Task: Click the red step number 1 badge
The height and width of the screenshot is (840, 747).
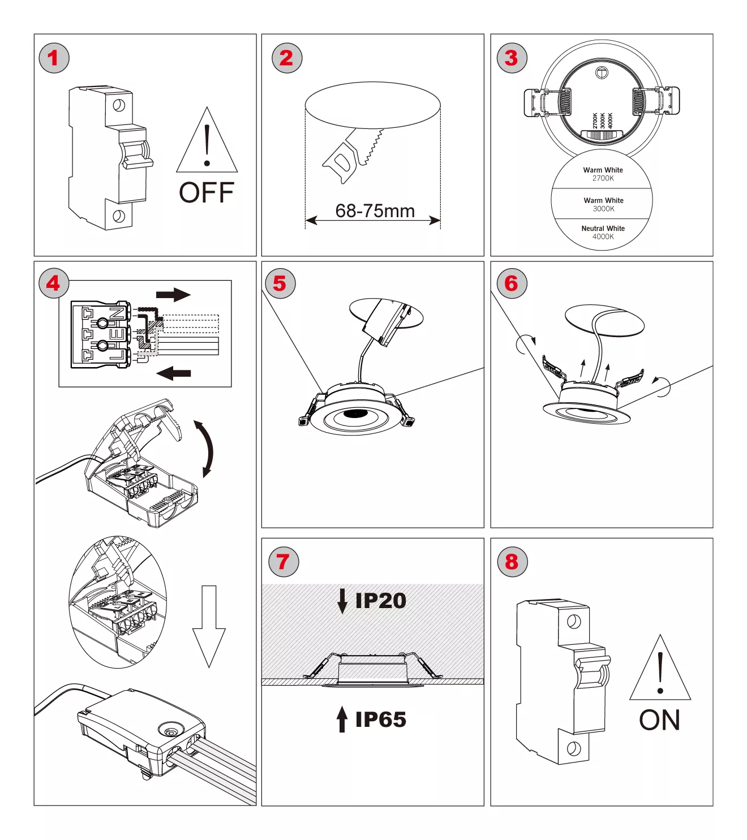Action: (54, 58)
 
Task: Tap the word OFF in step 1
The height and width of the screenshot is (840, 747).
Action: (207, 193)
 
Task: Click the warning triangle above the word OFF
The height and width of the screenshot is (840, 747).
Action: (207, 144)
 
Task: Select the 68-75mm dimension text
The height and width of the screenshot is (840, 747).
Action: (375, 211)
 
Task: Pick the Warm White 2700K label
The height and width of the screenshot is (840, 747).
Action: (603, 174)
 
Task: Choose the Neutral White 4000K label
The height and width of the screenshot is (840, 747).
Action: (603, 232)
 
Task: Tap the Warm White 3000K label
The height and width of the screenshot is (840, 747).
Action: (603, 204)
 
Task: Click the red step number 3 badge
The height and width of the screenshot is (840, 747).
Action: (512, 58)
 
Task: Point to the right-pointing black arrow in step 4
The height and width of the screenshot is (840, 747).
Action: (173, 295)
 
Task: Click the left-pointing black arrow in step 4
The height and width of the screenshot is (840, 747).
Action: (173, 373)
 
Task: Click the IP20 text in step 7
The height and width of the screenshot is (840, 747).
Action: (380, 601)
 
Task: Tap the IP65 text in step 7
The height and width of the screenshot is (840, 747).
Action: (380, 720)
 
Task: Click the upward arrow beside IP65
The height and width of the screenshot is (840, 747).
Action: (342, 719)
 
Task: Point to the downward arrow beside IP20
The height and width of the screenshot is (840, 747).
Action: (342, 601)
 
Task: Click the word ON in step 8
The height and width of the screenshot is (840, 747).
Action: (659, 721)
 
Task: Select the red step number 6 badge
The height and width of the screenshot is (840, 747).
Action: (512, 283)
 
